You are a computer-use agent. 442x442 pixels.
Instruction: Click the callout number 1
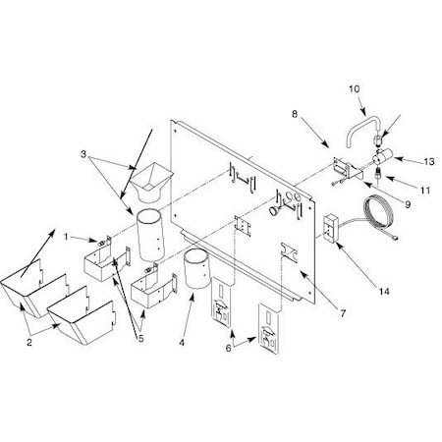65,237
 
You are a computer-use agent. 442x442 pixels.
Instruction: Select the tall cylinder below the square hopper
151,234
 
